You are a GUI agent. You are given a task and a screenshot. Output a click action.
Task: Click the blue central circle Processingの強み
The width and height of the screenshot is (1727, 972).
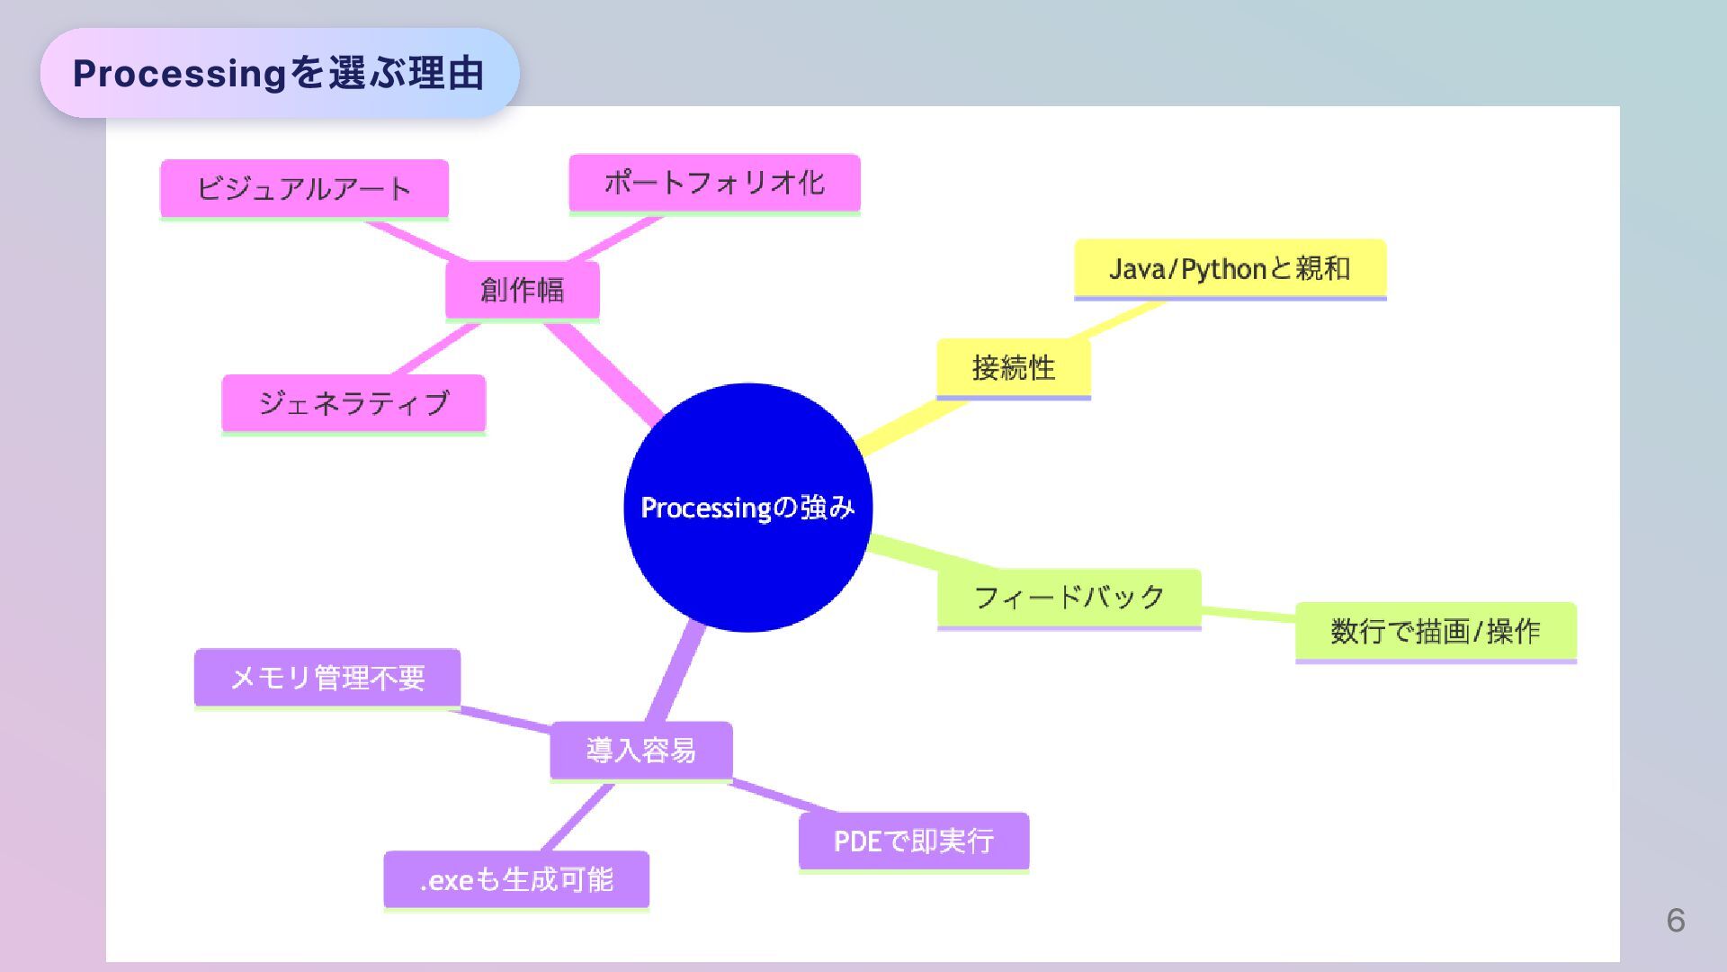pyautogui.click(x=747, y=508)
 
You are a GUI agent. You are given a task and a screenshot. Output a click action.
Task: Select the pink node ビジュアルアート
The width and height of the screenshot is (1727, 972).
pyautogui.click(x=304, y=188)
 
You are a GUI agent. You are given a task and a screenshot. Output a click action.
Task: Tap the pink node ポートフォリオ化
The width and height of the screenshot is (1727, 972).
pyautogui.click(x=714, y=183)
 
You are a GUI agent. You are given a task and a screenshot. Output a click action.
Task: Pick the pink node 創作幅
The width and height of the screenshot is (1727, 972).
pyautogui.click(x=522, y=290)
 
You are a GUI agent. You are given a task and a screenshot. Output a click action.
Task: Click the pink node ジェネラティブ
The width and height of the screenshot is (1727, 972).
pyautogui.click(x=353, y=403)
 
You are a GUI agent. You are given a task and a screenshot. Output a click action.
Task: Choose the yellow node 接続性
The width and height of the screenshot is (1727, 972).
pyautogui.click(x=1013, y=367)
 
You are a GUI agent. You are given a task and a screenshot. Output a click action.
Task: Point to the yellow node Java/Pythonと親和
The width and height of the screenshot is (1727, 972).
pyautogui.click(x=1230, y=268)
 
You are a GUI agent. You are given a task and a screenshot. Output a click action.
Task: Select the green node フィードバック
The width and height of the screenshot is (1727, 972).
pyautogui.click(x=1069, y=597)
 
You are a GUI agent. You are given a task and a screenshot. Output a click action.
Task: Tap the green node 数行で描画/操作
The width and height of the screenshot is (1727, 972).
pyautogui.click(x=1436, y=631)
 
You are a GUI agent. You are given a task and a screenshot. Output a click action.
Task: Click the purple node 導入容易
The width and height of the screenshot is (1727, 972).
pyautogui.click(x=640, y=750)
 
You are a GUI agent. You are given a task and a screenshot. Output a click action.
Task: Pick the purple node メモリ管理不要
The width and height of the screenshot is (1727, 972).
pyautogui.click(x=327, y=677)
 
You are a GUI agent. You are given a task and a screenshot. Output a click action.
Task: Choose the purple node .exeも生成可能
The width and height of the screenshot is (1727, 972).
pyautogui.click(x=516, y=879)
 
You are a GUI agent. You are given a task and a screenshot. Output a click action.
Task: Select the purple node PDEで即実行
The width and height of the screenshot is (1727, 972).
pyautogui.click(x=913, y=841)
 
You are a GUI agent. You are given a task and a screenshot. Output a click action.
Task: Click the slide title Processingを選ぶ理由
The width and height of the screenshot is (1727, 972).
pyautogui.click(x=279, y=73)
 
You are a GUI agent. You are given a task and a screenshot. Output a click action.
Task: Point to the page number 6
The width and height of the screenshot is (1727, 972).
pyautogui.click(x=1675, y=920)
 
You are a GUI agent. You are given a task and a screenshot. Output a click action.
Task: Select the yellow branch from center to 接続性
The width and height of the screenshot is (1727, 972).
pyautogui.click(x=908, y=425)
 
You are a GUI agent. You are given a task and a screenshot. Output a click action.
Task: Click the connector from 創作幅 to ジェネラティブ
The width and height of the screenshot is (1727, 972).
pyautogui.click(x=437, y=348)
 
